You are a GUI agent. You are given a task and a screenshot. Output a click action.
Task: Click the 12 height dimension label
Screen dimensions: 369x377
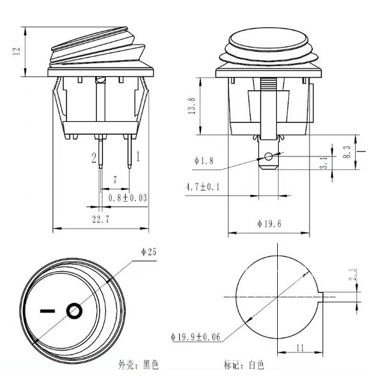point(16,51)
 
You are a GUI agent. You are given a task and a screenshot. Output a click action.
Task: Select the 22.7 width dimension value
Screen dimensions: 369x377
point(101,219)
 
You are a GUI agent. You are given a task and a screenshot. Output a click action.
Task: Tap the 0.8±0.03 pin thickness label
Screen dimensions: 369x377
point(127,198)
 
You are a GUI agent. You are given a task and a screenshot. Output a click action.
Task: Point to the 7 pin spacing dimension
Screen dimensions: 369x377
point(115,180)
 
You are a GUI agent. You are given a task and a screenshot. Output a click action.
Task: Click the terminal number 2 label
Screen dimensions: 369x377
point(94,158)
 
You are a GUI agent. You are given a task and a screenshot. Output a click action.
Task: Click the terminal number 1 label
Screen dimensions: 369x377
point(137,156)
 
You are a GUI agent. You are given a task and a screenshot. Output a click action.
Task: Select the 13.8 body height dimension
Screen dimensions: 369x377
point(191,106)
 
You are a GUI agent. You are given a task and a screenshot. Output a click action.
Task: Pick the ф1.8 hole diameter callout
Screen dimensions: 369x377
point(204,160)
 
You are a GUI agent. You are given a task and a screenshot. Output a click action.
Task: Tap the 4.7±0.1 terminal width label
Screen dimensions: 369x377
point(203,187)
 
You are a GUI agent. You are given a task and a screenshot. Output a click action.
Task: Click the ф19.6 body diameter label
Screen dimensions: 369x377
point(269,224)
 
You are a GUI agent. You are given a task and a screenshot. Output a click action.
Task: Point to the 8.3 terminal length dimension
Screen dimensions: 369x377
point(347,152)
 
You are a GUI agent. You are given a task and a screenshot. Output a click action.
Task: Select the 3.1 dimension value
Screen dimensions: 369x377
point(324,163)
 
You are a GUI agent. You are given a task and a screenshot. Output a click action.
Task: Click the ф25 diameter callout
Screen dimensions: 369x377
point(149,252)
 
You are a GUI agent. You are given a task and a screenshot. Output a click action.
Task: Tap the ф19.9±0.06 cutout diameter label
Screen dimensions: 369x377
point(195,336)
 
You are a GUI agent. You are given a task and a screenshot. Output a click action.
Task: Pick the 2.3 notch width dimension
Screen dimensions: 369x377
point(353,275)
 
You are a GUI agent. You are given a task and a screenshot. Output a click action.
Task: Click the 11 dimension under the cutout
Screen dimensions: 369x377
point(301,348)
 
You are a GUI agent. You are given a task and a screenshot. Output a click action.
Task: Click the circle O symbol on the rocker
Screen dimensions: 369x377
point(74,311)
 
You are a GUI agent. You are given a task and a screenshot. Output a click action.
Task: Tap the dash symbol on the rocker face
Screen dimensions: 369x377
point(47,311)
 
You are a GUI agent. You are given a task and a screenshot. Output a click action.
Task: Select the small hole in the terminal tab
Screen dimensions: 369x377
point(269,157)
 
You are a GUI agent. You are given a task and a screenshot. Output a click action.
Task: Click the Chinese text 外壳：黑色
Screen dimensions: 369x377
point(139,364)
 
